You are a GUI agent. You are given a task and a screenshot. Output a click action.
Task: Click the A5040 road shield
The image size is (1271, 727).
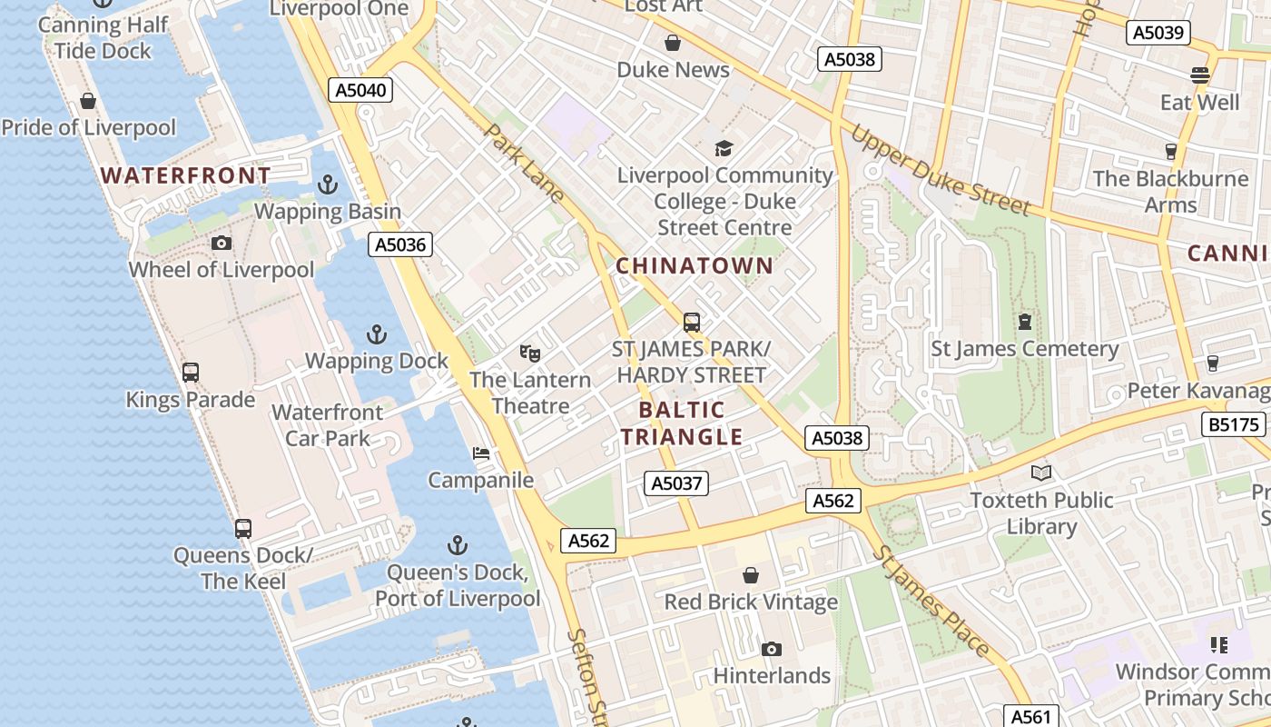tap(360, 90)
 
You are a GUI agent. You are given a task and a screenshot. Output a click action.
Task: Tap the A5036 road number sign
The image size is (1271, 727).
tap(400, 244)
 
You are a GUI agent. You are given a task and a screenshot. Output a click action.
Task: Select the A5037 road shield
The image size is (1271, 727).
tap(676, 483)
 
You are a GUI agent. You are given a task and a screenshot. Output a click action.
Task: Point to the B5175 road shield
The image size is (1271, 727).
tap(1235, 424)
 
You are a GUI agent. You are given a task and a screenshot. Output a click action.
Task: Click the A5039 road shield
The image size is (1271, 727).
tap(1158, 34)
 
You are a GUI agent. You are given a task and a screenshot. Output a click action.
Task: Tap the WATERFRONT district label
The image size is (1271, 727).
tap(185, 175)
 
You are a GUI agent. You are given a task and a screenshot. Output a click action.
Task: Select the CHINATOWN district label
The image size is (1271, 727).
tap(695, 266)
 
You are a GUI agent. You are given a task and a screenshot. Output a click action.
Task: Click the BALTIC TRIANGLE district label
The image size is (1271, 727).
tap(681, 423)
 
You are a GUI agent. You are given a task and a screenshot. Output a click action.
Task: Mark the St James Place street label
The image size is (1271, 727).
tap(931, 601)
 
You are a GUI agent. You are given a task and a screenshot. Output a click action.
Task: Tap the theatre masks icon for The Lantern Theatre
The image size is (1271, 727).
tap(530, 353)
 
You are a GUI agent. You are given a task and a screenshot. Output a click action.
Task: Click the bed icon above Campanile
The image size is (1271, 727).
tap(481, 453)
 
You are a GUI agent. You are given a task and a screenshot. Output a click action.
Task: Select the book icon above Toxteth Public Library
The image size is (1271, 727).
tap(1040, 473)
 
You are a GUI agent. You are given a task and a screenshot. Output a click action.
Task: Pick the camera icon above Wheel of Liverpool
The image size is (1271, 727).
tap(222, 243)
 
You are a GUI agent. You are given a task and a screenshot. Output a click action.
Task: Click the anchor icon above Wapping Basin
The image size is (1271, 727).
tap(327, 185)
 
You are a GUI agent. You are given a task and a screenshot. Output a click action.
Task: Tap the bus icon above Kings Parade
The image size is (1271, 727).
tap(191, 373)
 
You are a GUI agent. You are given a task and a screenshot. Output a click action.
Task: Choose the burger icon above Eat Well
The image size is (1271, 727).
tap(1200, 75)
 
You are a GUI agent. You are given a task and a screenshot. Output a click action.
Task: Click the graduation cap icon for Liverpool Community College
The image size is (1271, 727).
tap(724, 148)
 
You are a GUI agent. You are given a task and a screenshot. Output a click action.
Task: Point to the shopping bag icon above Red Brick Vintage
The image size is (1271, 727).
tap(751, 575)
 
